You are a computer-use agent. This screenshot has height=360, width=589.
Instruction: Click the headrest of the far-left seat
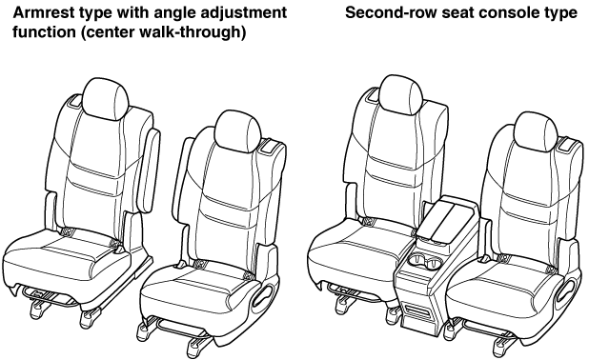105,98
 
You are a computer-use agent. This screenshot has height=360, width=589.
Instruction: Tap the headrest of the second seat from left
238,131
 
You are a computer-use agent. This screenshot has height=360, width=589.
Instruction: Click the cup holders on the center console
426,262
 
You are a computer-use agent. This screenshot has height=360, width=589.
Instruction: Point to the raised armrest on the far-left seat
150,170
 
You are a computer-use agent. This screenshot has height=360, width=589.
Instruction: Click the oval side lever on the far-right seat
566,290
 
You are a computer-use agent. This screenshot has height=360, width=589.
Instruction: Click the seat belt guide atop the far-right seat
567,145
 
